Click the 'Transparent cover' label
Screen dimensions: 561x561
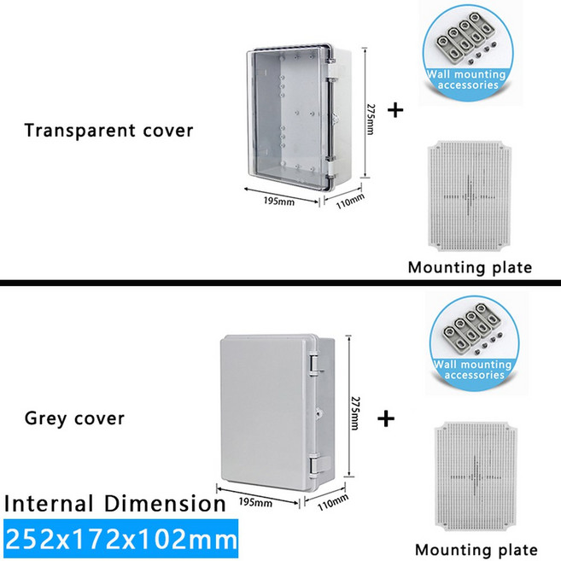pos(108,131)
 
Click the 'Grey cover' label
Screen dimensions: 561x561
pos(74,418)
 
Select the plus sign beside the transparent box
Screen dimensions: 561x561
pos(395,111)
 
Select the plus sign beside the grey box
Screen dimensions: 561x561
pos(387,418)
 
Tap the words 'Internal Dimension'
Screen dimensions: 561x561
pos(114,503)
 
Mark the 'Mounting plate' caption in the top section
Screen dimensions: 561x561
pos(470,267)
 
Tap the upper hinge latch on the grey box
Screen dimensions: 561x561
pos(313,365)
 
